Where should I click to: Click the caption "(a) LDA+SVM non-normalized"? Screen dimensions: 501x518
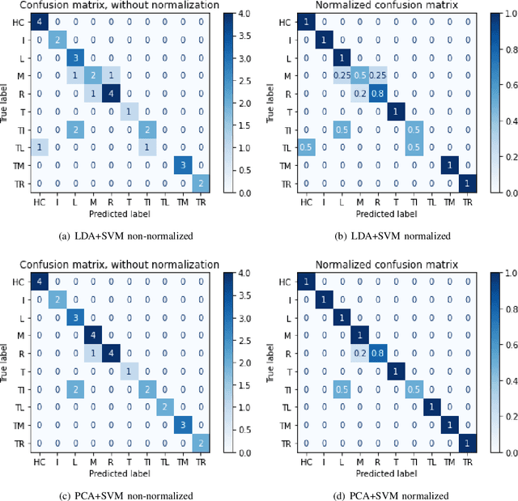coord(129,236)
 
